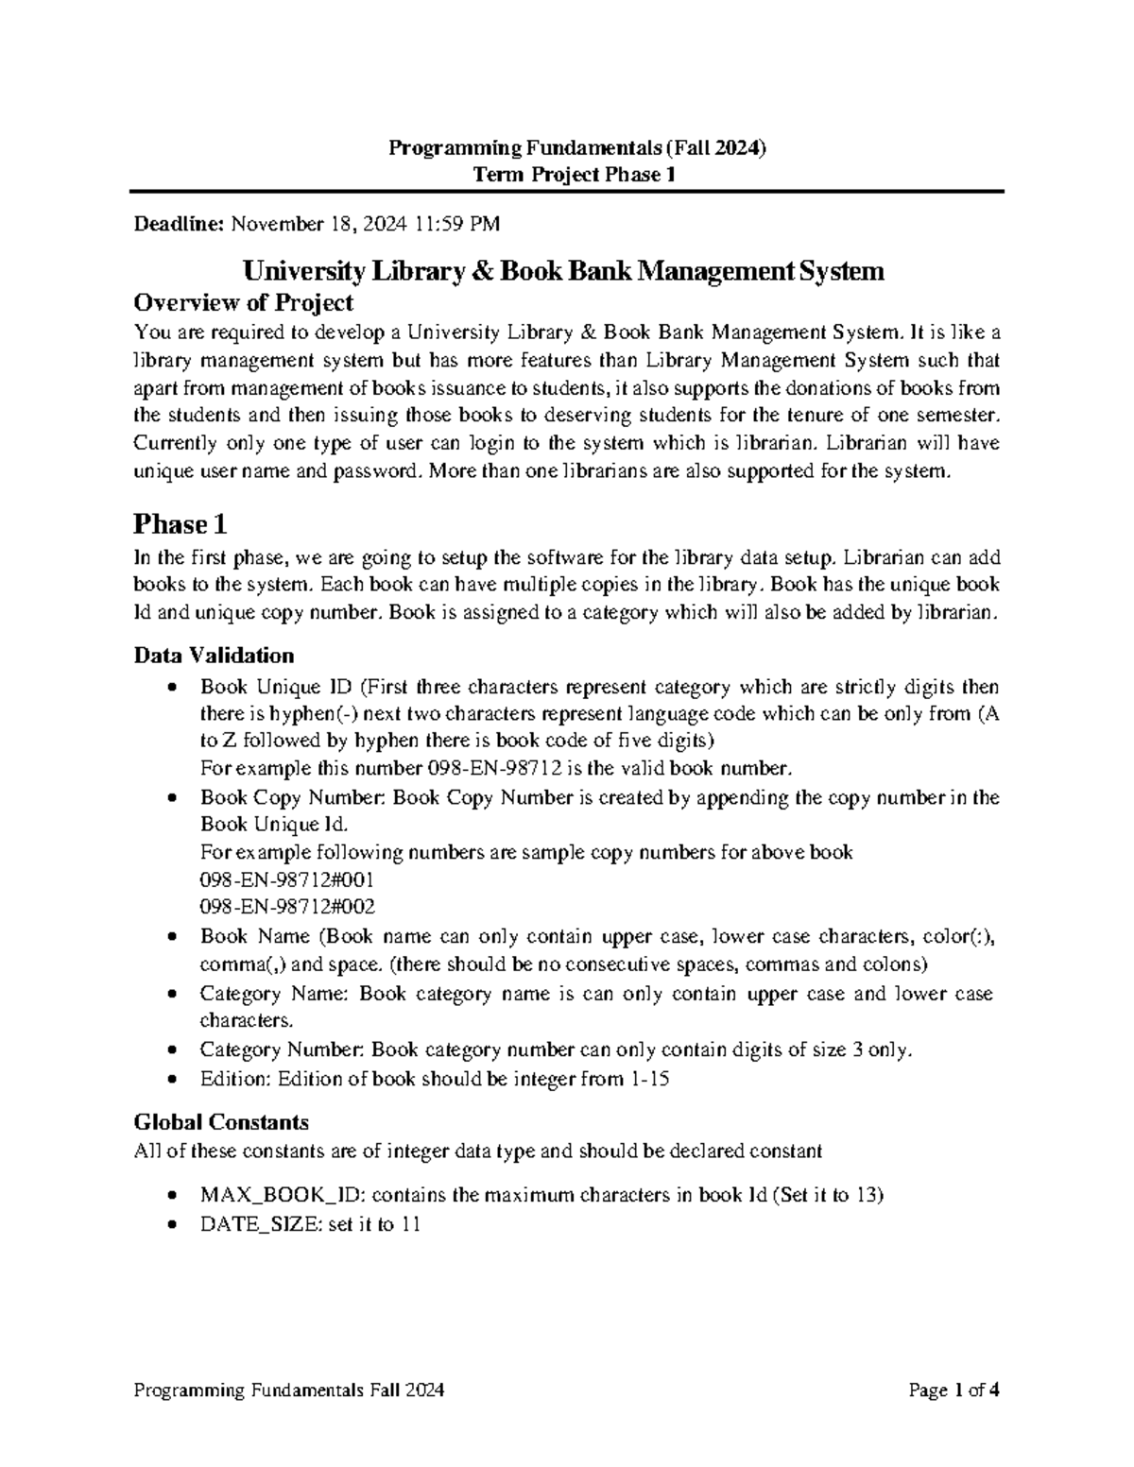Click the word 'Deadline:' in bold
tap(179, 224)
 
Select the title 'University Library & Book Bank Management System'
tap(563, 272)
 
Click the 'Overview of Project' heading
tap(244, 302)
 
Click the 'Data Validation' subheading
tap(214, 656)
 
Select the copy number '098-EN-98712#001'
tap(287, 879)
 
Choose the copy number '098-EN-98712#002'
tap(287, 907)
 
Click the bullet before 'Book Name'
tap(170, 937)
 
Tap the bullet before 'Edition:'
tap(170, 1078)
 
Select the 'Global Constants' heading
tap(221, 1122)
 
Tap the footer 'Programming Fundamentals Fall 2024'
tap(289, 1390)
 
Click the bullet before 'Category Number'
tap(170, 1049)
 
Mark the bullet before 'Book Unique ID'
tap(170, 688)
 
